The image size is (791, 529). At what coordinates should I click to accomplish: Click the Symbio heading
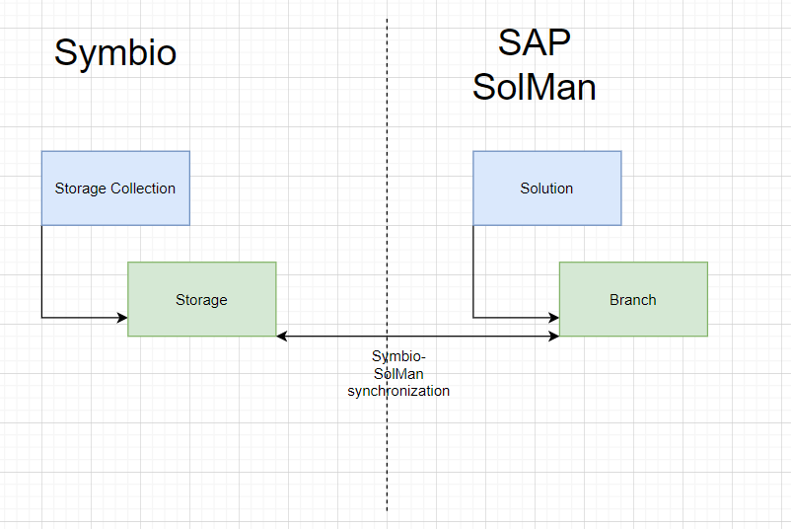tap(115, 53)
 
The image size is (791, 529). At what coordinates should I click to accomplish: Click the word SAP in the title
tap(535, 42)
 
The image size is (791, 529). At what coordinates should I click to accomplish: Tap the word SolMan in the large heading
tap(535, 87)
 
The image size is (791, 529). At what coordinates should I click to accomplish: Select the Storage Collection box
tap(115, 188)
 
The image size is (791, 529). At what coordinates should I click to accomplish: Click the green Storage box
tap(202, 299)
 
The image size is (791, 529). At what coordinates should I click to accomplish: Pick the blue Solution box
tap(546, 188)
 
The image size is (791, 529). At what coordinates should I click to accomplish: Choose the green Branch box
tap(633, 299)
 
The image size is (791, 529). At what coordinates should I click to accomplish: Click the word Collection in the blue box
tap(143, 189)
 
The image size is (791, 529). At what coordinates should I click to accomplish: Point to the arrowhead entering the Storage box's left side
tap(122, 318)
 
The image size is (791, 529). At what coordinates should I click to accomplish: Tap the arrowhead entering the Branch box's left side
tap(553, 318)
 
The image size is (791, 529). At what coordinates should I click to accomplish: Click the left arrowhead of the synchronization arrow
tap(282, 337)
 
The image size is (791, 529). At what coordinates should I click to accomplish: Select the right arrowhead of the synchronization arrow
tap(553, 337)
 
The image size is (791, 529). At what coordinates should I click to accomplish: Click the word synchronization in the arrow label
tap(398, 391)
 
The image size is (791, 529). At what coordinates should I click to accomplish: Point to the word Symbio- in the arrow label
tap(398, 356)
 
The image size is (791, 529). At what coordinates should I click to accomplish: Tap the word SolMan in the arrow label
tap(398, 374)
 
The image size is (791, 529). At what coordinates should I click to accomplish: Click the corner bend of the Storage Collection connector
tap(41, 318)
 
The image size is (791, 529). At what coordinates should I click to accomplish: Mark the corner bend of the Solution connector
tap(473, 318)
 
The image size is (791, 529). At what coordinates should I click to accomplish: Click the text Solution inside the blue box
tap(546, 189)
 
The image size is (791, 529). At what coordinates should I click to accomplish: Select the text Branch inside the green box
tap(633, 300)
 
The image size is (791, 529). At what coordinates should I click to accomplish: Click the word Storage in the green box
tap(202, 300)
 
